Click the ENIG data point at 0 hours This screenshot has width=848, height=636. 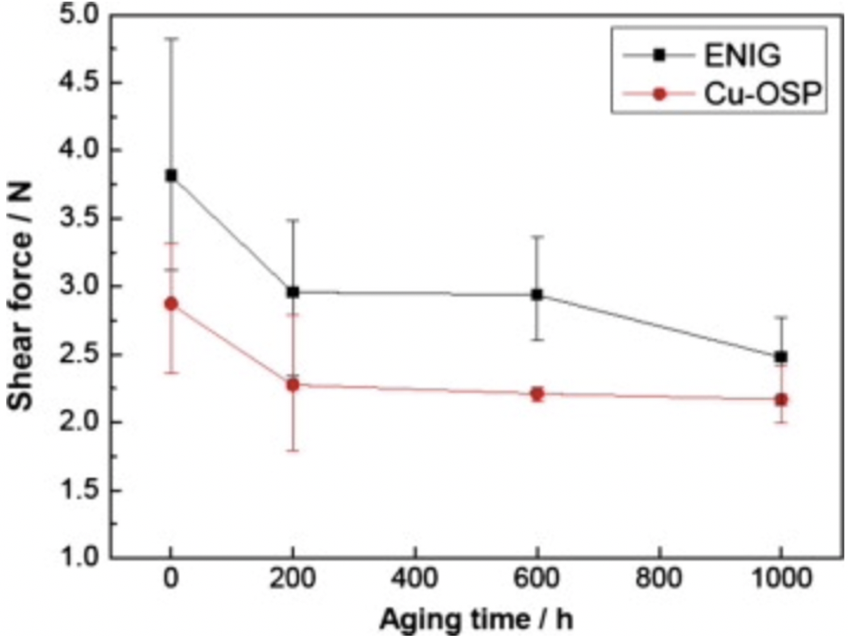tap(171, 175)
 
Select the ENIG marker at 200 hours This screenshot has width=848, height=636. tap(293, 292)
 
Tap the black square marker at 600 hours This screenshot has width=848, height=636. tap(537, 295)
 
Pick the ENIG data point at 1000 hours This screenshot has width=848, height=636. tap(781, 357)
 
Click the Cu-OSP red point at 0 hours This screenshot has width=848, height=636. tap(171, 304)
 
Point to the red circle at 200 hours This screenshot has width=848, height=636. tap(293, 385)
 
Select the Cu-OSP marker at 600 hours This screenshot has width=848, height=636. tap(537, 394)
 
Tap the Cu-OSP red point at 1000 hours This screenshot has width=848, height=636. tap(781, 399)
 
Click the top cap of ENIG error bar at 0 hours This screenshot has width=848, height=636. tap(171, 39)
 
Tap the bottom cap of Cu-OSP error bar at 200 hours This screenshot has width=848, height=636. tap(293, 450)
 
